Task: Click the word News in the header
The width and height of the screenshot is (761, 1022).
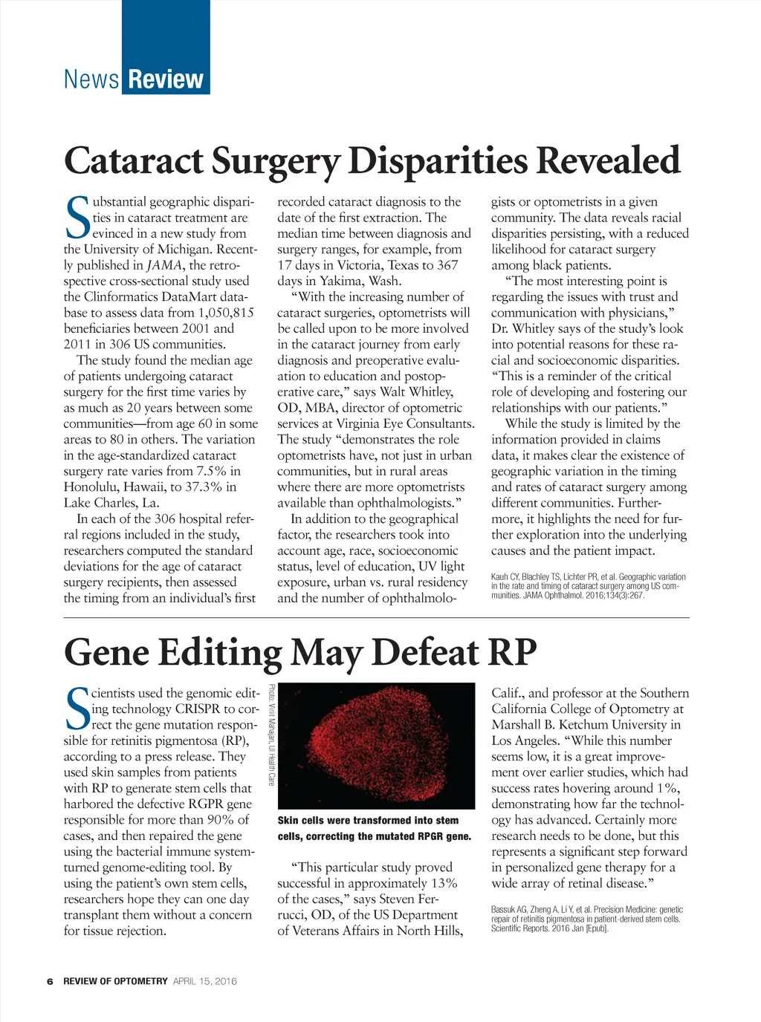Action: [x=91, y=79]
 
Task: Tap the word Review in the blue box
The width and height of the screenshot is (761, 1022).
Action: [x=166, y=79]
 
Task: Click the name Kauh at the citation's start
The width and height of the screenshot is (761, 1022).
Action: [x=500, y=577]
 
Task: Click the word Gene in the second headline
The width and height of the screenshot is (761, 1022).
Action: [x=106, y=652]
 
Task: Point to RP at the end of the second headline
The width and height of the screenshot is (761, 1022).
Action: [x=512, y=652]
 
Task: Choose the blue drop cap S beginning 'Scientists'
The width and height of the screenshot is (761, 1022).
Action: [x=77, y=707]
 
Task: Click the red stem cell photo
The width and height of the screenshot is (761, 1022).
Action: [x=376, y=746]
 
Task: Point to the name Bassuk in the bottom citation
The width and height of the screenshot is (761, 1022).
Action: [x=505, y=910]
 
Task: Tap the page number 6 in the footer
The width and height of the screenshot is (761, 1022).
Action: [x=50, y=981]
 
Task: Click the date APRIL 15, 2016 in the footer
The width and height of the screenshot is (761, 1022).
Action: [x=205, y=981]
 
